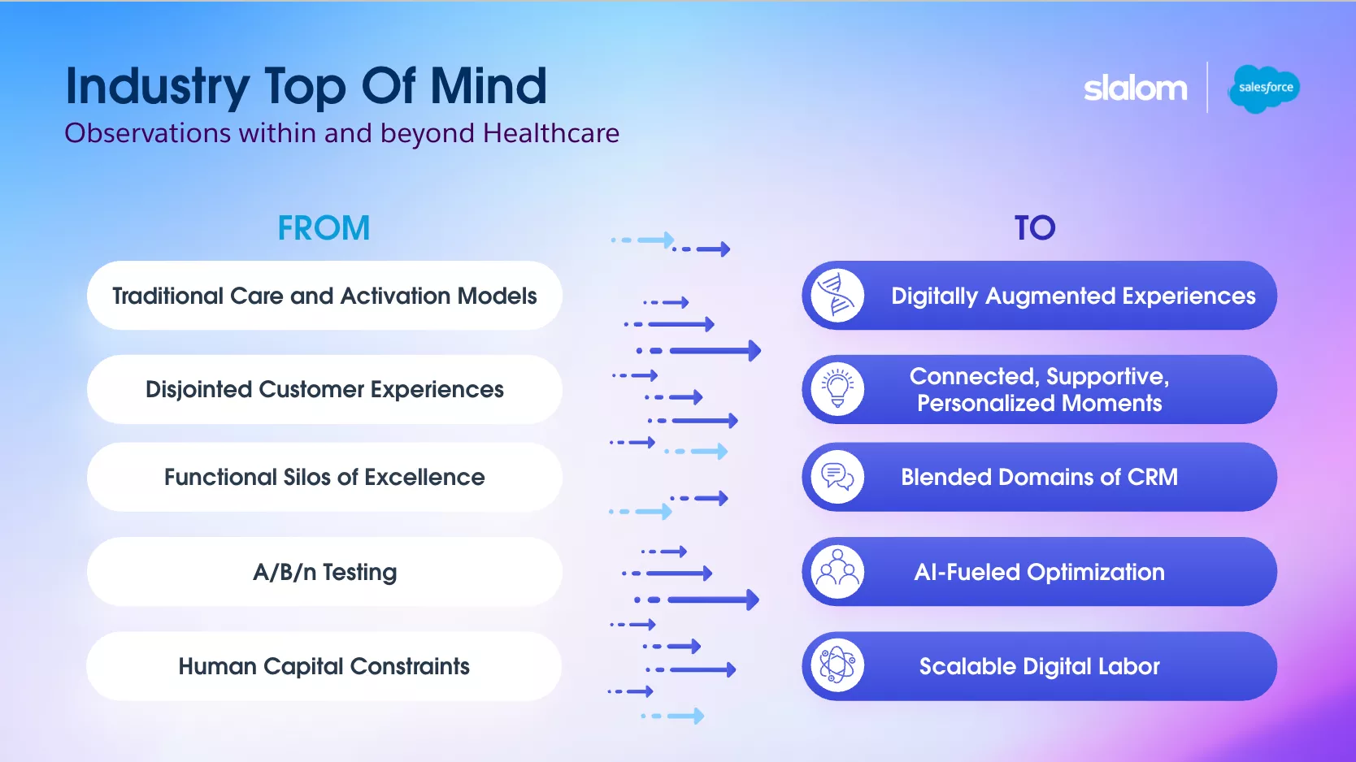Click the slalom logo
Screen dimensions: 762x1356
click(x=1135, y=88)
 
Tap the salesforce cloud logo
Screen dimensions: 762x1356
click(x=1265, y=88)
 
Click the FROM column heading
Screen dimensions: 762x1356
click(x=324, y=228)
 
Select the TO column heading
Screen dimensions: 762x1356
click(x=1034, y=228)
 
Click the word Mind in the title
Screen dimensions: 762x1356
click(x=489, y=86)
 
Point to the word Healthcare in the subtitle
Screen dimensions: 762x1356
click(x=550, y=133)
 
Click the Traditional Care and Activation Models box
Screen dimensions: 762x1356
click(x=324, y=296)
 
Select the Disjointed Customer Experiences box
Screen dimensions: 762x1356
click(x=324, y=390)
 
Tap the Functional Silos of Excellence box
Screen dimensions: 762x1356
click(x=324, y=478)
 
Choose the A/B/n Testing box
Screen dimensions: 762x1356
click(x=324, y=572)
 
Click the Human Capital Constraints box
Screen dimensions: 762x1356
click(x=324, y=667)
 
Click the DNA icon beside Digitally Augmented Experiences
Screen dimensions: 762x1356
click(x=837, y=296)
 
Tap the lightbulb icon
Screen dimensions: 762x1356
click(x=837, y=390)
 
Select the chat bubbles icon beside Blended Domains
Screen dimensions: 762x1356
click(x=837, y=478)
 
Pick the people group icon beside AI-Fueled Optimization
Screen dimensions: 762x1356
click(x=837, y=572)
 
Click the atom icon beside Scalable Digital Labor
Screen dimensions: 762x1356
click(x=837, y=667)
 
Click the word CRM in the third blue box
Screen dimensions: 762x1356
click(x=1152, y=478)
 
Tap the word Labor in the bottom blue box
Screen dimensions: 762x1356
click(x=1128, y=667)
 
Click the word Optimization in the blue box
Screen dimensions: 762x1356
click(x=1095, y=573)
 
